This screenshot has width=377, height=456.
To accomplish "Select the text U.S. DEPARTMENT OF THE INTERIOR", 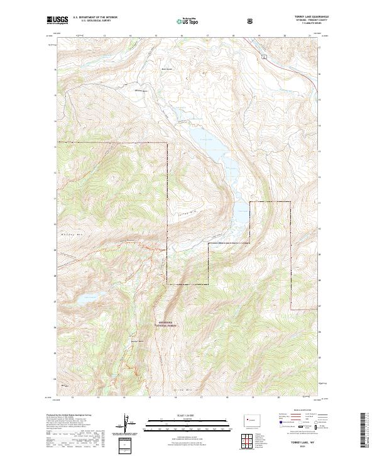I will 93,18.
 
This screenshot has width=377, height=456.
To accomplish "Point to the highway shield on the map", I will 265,57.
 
